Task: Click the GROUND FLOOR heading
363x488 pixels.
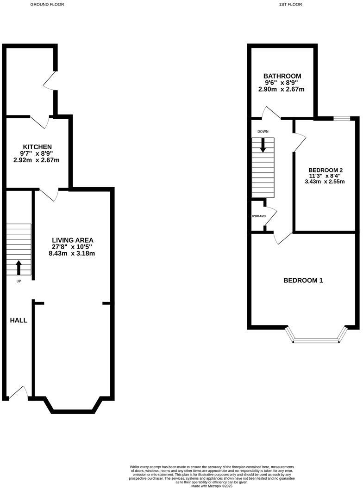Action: [x=47, y=4]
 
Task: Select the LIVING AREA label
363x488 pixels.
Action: [x=73, y=240]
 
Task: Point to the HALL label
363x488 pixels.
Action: [x=19, y=320]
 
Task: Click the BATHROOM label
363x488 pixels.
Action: [x=282, y=76]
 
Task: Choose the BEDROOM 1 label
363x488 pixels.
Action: [x=303, y=281]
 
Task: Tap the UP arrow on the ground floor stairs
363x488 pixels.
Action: [x=19, y=268]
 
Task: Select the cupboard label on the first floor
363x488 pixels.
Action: [x=258, y=216]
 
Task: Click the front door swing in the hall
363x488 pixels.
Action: [x=19, y=392]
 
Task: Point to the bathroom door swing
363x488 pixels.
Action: [x=270, y=112]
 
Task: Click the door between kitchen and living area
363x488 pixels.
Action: [x=49, y=195]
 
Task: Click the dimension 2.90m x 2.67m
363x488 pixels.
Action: [x=282, y=89]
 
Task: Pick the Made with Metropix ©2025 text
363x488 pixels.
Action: [x=211, y=485]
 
